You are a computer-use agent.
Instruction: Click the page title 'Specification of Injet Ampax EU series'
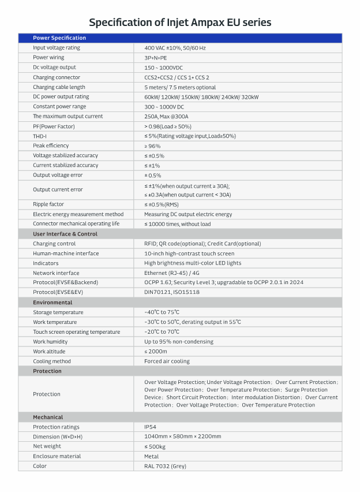click(180, 23)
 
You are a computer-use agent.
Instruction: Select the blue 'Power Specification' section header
click(59, 38)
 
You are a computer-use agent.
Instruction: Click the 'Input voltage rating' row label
click(57, 48)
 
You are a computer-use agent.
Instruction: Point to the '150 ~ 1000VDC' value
click(163, 68)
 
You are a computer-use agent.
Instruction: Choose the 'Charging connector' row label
click(57, 77)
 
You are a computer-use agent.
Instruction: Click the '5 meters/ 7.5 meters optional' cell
click(180, 87)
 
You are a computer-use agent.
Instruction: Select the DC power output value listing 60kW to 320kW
click(201, 97)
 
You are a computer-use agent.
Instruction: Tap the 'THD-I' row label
click(40, 136)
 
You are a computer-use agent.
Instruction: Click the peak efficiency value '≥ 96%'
click(153, 146)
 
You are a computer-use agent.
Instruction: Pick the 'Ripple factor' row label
click(48, 204)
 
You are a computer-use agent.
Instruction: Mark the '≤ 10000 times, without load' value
click(178, 224)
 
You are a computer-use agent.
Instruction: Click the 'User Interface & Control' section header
click(65, 234)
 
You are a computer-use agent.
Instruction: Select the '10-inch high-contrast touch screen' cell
click(189, 254)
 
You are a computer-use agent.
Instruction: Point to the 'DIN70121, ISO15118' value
click(172, 293)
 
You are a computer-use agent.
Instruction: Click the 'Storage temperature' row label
click(58, 312)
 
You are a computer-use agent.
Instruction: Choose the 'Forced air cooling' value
click(167, 361)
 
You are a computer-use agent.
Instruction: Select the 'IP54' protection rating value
click(151, 427)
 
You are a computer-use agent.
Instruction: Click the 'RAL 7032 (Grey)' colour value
click(165, 466)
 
